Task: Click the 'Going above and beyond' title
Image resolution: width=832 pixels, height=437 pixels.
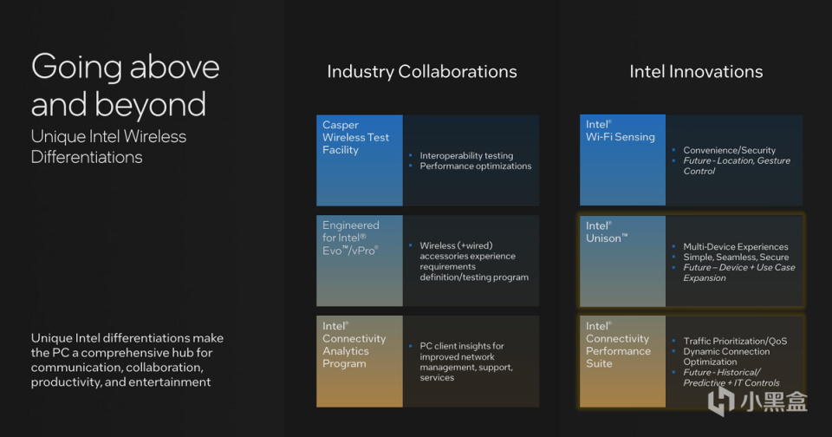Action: click(x=125, y=86)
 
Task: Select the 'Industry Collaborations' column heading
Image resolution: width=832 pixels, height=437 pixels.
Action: click(x=422, y=72)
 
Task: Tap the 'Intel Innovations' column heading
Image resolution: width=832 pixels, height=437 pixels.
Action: click(x=696, y=72)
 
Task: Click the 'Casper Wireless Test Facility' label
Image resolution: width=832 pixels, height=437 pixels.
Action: click(x=355, y=138)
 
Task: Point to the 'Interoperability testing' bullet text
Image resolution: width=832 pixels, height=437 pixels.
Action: click(x=466, y=155)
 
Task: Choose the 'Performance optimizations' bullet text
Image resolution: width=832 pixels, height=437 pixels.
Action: click(x=476, y=166)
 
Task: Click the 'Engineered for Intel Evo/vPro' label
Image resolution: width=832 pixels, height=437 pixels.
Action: click(x=351, y=238)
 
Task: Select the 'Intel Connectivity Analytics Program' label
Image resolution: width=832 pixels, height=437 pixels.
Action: click(x=354, y=344)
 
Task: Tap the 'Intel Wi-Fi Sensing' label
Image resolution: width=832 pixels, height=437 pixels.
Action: click(x=621, y=131)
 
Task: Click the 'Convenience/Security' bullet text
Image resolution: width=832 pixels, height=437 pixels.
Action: click(x=729, y=150)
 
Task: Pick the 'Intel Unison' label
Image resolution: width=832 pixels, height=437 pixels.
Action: click(x=607, y=232)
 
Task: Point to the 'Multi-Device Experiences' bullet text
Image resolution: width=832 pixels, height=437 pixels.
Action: click(x=736, y=247)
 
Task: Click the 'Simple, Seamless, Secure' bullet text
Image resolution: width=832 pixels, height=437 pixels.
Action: click(x=736, y=257)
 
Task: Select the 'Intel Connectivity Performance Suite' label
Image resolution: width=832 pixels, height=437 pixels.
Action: click(x=618, y=344)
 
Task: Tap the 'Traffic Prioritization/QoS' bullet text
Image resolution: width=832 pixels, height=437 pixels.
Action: click(x=735, y=342)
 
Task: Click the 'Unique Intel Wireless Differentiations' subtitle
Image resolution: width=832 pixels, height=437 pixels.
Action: click(x=109, y=147)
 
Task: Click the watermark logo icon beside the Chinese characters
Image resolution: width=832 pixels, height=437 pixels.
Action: click(x=721, y=401)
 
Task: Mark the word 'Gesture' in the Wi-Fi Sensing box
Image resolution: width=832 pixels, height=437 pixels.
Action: click(x=774, y=161)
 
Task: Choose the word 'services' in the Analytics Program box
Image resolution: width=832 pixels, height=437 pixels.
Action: click(x=437, y=377)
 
